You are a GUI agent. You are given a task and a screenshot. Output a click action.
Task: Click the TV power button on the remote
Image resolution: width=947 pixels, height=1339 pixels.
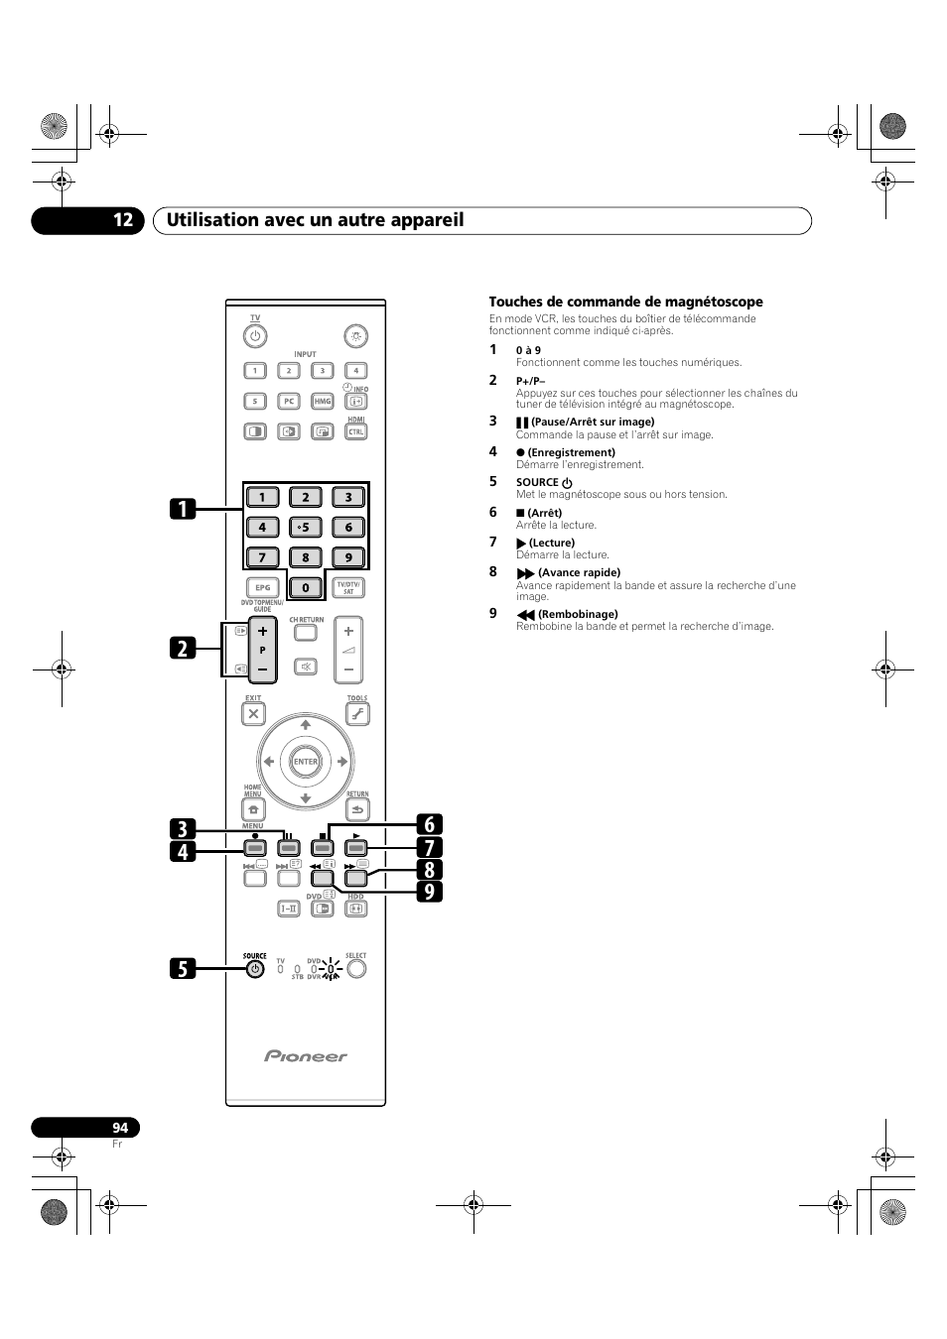click(x=255, y=335)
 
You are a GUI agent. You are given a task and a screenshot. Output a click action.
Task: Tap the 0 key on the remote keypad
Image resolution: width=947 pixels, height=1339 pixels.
click(x=306, y=587)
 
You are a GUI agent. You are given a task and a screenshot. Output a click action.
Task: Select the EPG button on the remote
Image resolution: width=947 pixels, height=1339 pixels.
click(x=262, y=587)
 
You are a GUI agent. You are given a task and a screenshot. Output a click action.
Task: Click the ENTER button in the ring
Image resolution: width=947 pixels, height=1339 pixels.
click(x=306, y=762)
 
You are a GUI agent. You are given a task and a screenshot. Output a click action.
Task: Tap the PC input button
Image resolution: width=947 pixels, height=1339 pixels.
click(x=288, y=401)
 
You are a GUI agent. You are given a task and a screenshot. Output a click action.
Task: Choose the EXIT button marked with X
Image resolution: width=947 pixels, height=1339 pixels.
click(x=254, y=713)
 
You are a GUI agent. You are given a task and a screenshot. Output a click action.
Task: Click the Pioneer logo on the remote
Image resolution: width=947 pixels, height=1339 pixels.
click(x=306, y=1056)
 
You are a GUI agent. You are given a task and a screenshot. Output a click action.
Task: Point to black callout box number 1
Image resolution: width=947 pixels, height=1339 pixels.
click(x=183, y=509)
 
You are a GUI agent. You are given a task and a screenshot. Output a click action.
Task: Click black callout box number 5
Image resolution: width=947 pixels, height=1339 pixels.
click(x=183, y=967)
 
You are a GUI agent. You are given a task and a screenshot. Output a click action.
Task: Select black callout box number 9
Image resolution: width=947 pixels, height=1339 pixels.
click(x=430, y=892)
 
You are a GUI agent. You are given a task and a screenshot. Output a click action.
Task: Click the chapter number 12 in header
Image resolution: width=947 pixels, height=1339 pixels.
click(x=122, y=220)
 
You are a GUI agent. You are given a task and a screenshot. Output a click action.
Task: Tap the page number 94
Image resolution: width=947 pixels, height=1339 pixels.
click(x=120, y=1128)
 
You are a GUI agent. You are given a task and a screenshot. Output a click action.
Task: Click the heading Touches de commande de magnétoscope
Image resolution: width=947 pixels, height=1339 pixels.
click(x=625, y=302)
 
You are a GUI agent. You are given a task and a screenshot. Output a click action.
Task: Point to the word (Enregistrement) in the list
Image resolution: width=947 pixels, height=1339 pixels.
click(x=571, y=452)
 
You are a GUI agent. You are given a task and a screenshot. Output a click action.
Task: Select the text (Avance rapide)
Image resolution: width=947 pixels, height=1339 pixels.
click(x=579, y=572)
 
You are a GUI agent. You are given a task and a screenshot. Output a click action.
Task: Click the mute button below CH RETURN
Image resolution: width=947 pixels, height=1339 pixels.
click(x=306, y=667)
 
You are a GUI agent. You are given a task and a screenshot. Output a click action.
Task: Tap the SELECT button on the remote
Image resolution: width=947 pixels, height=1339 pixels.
click(x=356, y=969)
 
